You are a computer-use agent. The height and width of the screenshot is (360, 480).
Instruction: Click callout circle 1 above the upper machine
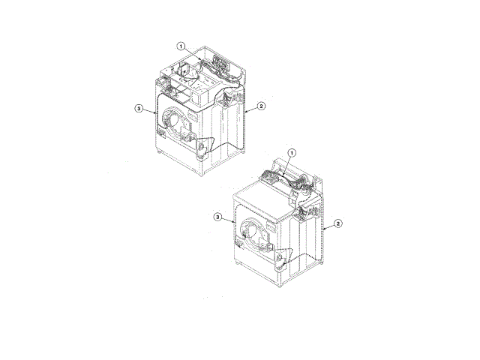(181, 46)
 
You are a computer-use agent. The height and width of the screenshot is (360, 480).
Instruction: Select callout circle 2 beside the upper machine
(261, 106)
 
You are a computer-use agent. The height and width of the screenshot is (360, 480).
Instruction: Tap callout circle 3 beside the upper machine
(139, 108)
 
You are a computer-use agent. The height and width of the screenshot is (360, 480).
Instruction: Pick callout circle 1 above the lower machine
(292, 152)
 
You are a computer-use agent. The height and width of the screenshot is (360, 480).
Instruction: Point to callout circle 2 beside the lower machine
(338, 223)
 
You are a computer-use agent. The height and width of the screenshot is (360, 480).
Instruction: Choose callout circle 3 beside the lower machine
(217, 217)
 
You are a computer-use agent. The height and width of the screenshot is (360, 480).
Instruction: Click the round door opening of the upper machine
(172, 120)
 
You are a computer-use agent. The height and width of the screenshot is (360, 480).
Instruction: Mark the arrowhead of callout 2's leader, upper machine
(247, 112)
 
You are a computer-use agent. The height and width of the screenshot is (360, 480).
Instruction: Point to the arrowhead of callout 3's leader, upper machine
(155, 113)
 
